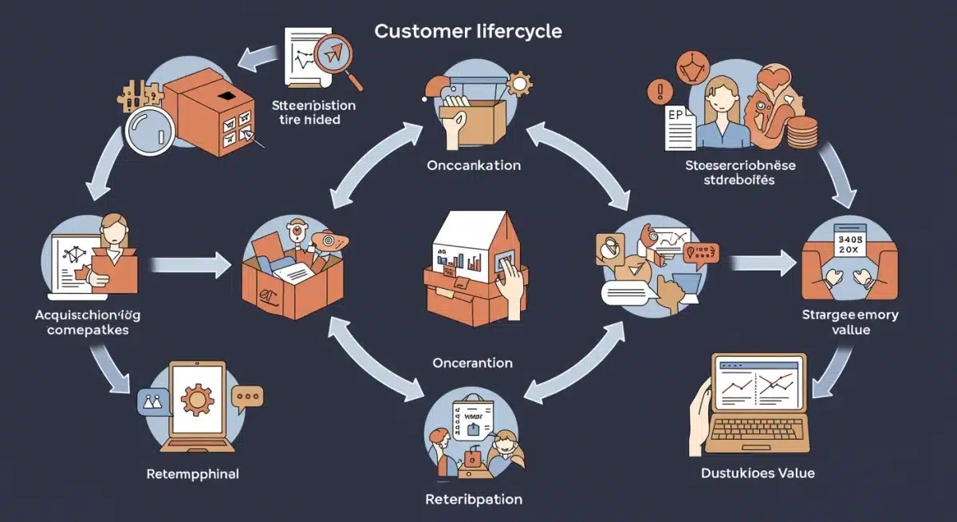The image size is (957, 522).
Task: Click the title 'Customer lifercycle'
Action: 468,32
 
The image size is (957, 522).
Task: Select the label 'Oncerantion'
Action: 472,362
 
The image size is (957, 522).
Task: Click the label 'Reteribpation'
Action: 474,500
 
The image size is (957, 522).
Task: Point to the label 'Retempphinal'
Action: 193,474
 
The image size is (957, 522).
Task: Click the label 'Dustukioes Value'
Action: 758,473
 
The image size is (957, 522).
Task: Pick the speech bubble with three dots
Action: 246,396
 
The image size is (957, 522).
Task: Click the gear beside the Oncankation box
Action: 519,83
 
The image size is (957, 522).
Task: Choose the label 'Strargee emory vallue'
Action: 849,322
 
